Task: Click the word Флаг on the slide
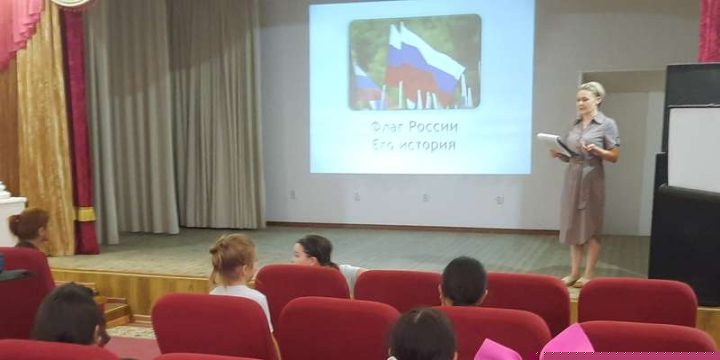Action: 386,126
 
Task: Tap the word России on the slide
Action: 433,127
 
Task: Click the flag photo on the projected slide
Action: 415,62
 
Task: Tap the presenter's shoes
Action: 575,281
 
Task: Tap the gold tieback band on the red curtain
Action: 86,214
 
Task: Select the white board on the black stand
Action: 693,149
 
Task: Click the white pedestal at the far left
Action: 10,215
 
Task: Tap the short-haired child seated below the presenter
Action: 463,281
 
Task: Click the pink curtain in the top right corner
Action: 709,31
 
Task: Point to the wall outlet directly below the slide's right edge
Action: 500,199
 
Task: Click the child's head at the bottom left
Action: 69,315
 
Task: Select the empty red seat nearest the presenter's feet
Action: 637,302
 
